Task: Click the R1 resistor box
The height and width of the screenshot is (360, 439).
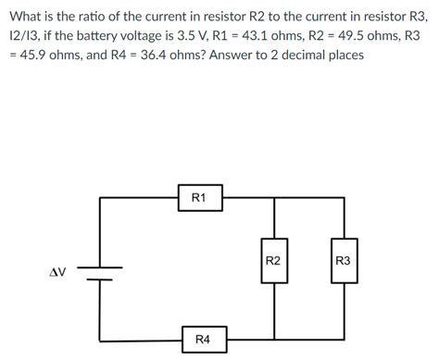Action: (199, 197)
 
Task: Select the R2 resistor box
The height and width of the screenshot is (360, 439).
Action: (273, 262)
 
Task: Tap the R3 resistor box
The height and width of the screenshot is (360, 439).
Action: (344, 262)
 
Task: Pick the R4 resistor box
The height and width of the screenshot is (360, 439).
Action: (203, 340)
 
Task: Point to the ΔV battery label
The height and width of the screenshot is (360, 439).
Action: (56, 272)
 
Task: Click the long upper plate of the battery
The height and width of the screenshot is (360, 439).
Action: (100, 268)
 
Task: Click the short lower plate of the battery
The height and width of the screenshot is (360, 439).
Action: (100, 278)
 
